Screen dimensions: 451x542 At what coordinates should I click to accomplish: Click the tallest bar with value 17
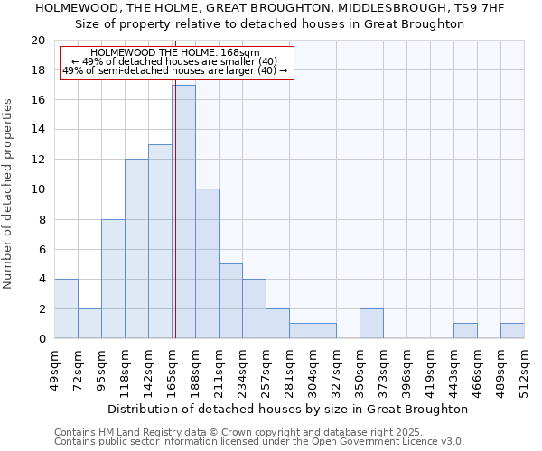(183, 212)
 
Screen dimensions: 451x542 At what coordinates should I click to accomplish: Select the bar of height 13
(160, 242)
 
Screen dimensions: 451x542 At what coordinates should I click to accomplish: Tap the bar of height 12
(136, 249)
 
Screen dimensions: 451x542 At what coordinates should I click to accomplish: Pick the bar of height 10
(207, 263)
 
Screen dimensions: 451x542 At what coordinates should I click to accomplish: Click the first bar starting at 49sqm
(66, 308)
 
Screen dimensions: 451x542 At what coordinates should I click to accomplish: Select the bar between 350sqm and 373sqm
(371, 324)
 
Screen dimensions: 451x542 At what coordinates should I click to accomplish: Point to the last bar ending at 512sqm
(512, 331)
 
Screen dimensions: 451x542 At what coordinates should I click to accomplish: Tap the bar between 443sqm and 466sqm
(465, 331)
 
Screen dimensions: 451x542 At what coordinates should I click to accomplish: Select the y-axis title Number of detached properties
(9, 195)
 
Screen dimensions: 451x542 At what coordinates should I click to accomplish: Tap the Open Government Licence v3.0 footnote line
(259, 442)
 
